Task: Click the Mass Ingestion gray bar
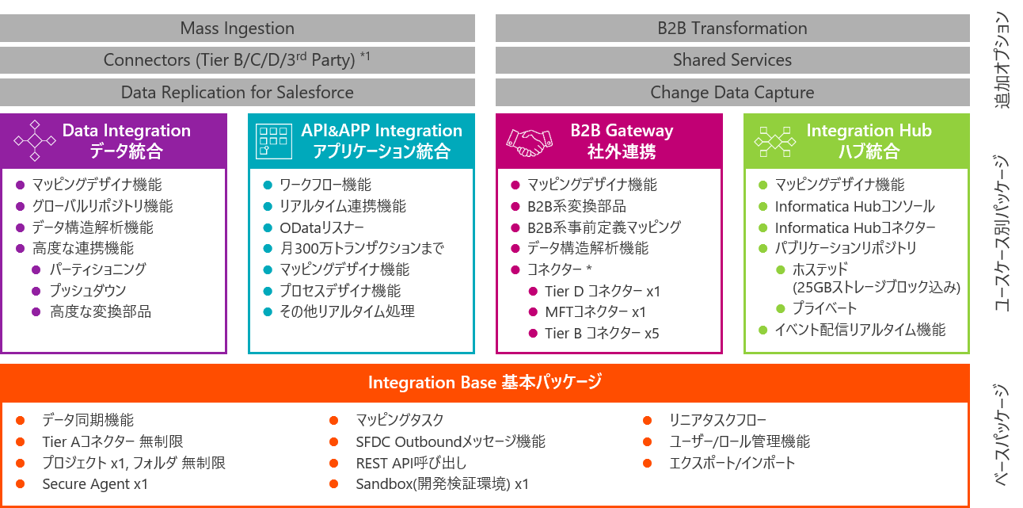tap(238, 29)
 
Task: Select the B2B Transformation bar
tap(732, 29)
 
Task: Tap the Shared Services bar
tap(732, 60)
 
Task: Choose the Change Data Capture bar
tap(732, 93)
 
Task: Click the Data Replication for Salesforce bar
tap(238, 93)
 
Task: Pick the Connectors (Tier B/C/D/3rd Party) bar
tap(238, 60)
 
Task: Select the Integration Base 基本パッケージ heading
tap(485, 383)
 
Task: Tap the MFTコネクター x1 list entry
tap(595, 312)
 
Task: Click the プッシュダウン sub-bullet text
tap(88, 291)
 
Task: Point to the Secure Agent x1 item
tap(95, 484)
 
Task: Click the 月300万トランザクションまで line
tap(361, 249)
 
